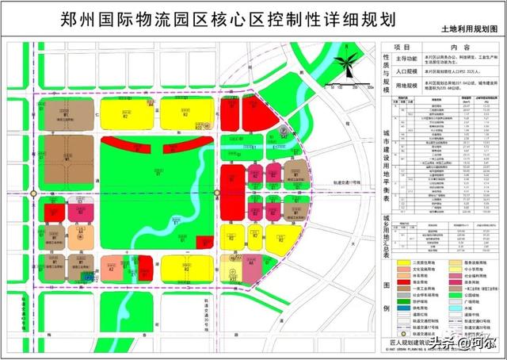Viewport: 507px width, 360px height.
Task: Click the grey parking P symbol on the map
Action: click(x=280, y=132)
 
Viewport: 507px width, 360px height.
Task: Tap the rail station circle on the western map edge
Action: click(x=33, y=193)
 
